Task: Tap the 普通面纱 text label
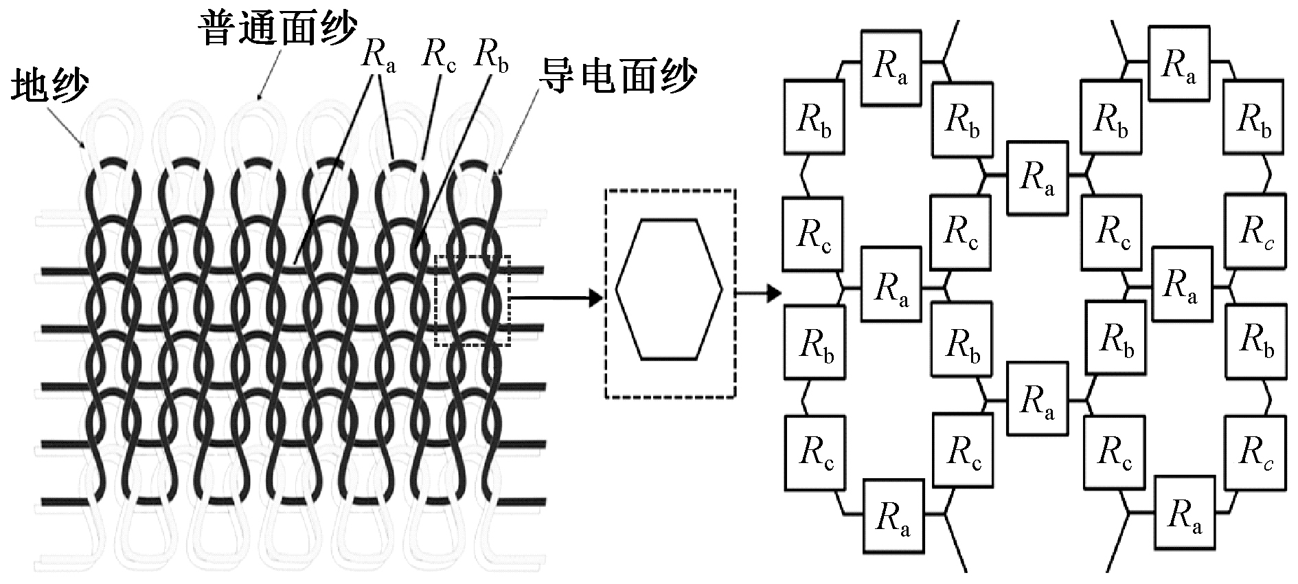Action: tap(277, 30)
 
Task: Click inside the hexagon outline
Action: tap(669, 289)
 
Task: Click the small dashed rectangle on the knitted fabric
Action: tap(472, 300)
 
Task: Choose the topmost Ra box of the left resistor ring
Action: tap(891, 67)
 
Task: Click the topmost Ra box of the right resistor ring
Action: tap(1179, 64)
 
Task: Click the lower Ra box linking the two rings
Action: tap(1037, 399)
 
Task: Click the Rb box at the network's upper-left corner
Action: tap(815, 117)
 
